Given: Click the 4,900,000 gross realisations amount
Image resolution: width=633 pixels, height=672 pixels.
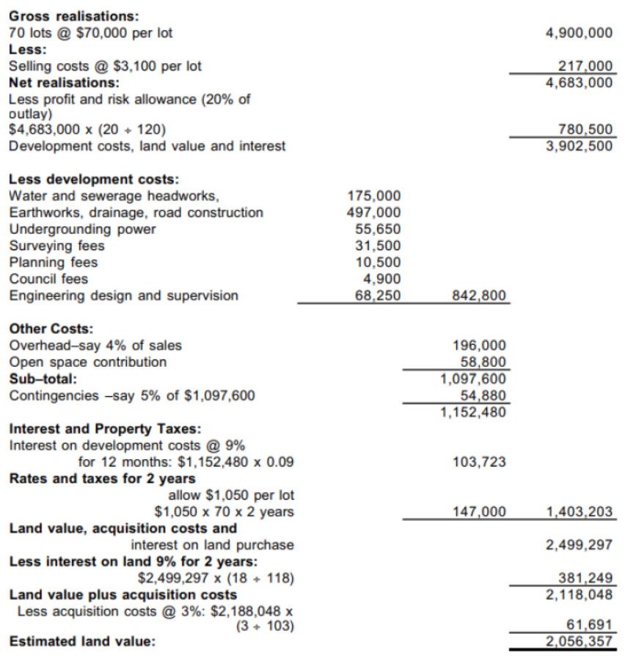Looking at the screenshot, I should pyautogui.click(x=579, y=33).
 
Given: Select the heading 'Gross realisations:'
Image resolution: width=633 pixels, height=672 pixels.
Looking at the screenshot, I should pyautogui.click(x=64, y=16).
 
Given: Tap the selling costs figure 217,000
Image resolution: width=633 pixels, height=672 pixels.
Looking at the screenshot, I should pyautogui.click(x=585, y=66).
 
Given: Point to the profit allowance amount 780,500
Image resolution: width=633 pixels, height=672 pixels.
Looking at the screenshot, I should pyautogui.click(x=585, y=130).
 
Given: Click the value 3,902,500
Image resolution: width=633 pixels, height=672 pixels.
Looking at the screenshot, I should pyautogui.click(x=579, y=146).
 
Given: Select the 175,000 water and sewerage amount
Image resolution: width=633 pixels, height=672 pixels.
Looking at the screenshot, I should pyautogui.click(x=373, y=196).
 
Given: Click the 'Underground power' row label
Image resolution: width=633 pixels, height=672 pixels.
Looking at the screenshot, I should pyautogui.click(x=82, y=229).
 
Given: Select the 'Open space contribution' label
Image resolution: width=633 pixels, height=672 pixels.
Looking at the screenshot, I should pyautogui.click(x=87, y=362).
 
